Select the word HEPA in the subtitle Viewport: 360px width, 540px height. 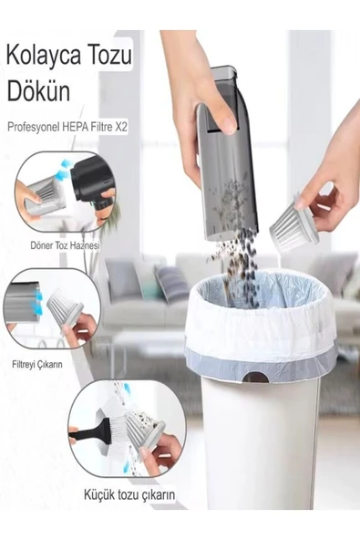(x=76, y=127)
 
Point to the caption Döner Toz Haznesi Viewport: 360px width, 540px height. (x=66, y=245)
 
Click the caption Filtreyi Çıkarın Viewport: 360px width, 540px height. (x=37, y=364)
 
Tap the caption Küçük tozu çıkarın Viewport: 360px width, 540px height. (x=129, y=495)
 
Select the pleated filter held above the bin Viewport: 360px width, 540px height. (x=293, y=224)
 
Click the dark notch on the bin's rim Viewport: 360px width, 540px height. (x=256, y=378)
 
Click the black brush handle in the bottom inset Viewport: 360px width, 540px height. (x=88, y=431)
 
